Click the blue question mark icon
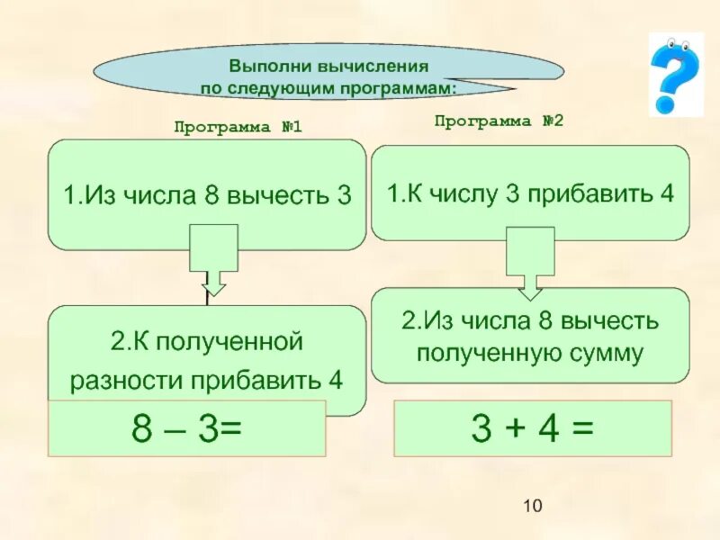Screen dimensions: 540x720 click(675, 73)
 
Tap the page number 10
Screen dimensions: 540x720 click(532, 508)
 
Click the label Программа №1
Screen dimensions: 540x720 click(238, 128)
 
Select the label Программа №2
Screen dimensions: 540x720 click(499, 121)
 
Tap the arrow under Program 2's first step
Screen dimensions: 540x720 click(530, 262)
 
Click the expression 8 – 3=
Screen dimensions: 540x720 click(186, 428)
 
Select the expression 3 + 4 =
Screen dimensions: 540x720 click(533, 427)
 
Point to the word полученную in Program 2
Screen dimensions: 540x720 click(490, 353)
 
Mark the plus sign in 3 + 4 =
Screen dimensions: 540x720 click(533, 428)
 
